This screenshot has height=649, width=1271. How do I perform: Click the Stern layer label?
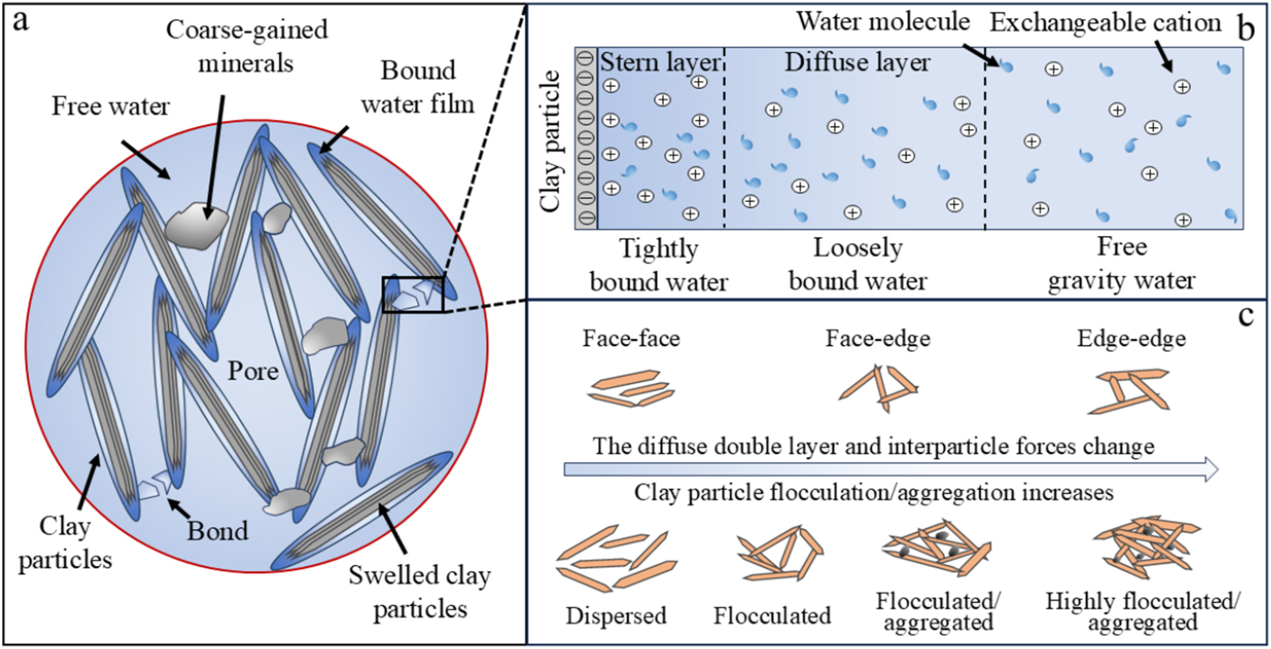tap(660, 63)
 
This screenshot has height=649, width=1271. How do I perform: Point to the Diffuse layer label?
tap(857, 63)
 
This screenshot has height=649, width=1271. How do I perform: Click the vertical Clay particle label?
tap(550, 141)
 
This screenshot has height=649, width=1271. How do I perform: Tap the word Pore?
tap(253, 371)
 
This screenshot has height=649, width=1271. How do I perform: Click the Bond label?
tap(217, 532)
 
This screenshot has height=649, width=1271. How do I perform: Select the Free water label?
tap(111, 107)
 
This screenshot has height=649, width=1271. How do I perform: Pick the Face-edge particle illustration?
tap(879, 389)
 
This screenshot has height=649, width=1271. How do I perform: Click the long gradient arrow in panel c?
tap(891, 469)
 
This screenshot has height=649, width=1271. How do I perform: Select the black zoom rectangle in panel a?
tap(413, 295)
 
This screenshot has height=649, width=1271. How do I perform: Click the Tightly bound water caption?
tap(659, 266)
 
